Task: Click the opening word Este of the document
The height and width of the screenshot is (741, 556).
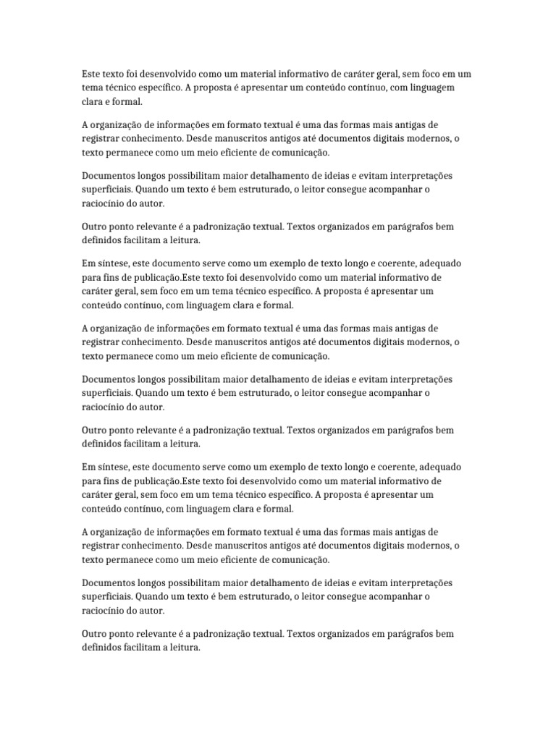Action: (91, 75)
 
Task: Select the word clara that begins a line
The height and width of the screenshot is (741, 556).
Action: (93, 102)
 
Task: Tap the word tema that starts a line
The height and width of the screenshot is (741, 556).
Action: (93, 88)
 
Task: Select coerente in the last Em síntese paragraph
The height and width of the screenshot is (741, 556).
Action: (391, 467)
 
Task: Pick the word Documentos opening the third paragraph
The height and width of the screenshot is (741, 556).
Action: (106, 176)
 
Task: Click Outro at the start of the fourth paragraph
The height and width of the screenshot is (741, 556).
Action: (96, 226)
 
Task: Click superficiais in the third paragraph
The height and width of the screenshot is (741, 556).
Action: (106, 190)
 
